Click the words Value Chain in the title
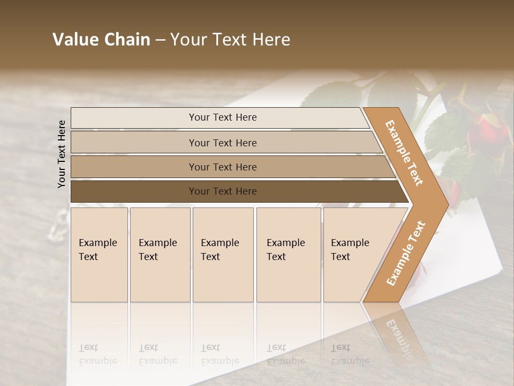[x=101, y=40]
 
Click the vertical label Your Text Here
[x=62, y=154]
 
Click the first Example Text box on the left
[x=99, y=255]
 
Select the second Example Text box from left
[x=160, y=255]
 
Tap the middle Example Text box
[x=223, y=255]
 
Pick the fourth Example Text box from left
[x=289, y=255]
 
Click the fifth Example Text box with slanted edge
[x=353, y=255]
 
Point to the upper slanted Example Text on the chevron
[x=404, y=153]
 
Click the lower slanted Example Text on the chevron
[x=406, y=253]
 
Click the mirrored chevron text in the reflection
[x=399, y=335]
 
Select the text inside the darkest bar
[x=223, y=191]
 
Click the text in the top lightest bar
[x=223, y=117]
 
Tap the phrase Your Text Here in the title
[x=230, y=40]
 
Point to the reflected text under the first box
[x=98, y=354]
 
